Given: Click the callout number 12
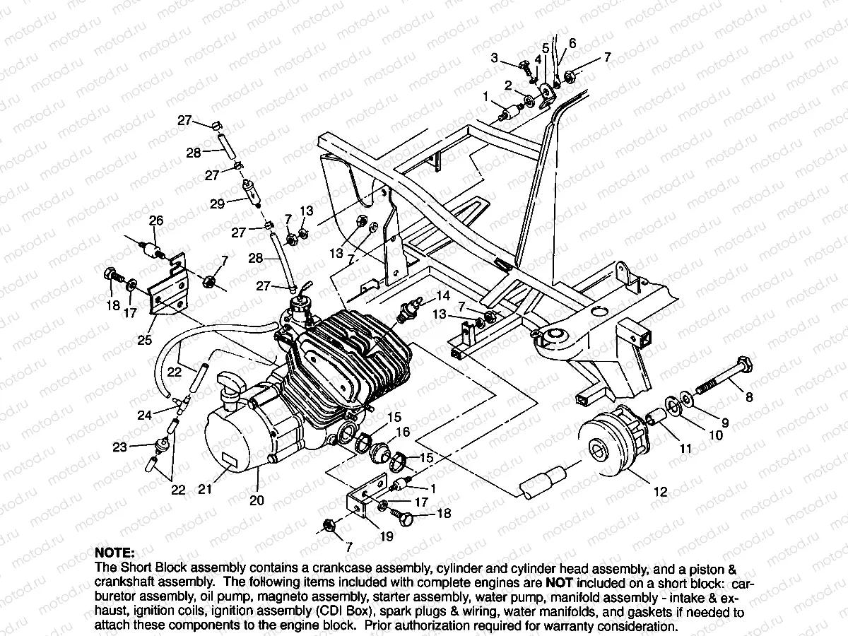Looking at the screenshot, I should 660,493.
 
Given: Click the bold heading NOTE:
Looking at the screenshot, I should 114,552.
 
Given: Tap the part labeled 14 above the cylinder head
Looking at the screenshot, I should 410,310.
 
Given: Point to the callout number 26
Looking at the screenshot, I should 155,220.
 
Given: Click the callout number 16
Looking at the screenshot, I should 403,432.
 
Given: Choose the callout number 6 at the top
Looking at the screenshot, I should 572,44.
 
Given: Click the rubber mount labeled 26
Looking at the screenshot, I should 150,249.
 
